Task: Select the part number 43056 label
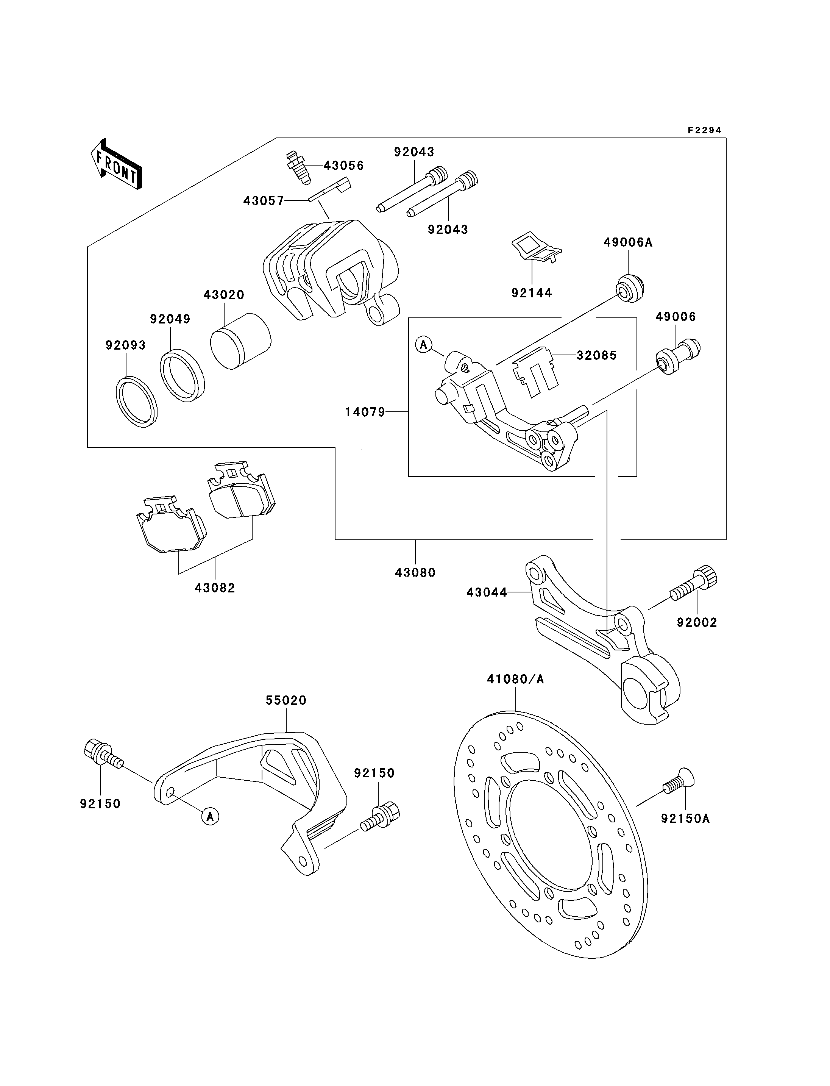(x=343, y=166)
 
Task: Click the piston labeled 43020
(x=240, y=341)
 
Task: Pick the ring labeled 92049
(x=182, y=375)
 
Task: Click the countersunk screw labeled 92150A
(x=678, y=781)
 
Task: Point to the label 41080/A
(x=515, y=679)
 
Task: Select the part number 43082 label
(x=215, y=588)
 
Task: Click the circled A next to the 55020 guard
(x=210, y=817)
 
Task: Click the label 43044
(x=487, y=592)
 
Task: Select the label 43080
(x=415, y=572)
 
